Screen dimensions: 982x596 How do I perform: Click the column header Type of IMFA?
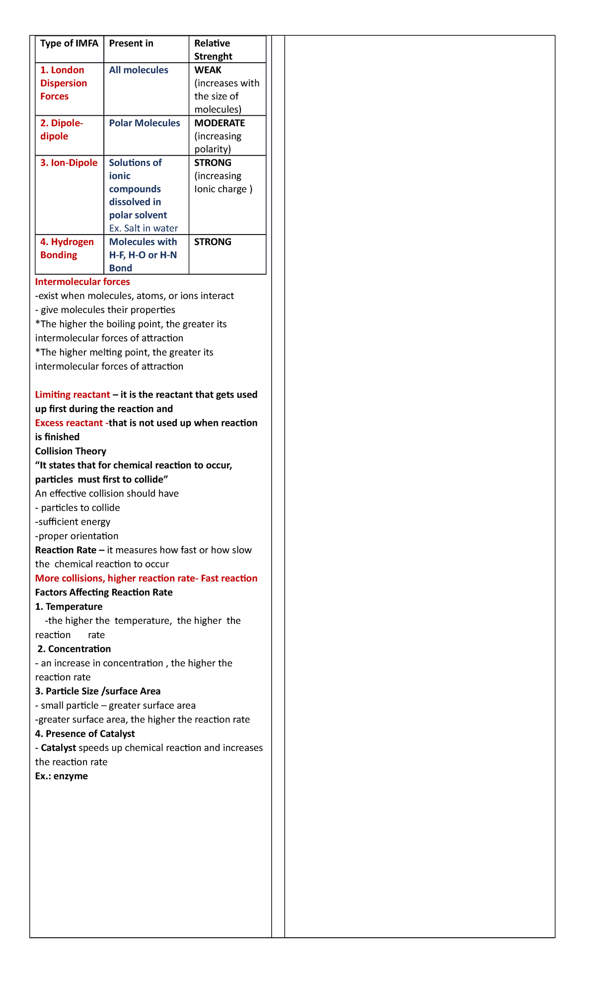(x=69, y=44)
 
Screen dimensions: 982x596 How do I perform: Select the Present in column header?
(x=131, y=44)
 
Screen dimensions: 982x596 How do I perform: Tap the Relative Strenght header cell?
(x=213, y=50)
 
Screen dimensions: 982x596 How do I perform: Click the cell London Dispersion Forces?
(x=64, y=83)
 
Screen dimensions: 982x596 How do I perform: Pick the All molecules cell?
(x=139, y=70)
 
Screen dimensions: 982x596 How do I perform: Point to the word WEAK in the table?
(x=208, y=70)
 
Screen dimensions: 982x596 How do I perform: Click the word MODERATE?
(x=220, y=123)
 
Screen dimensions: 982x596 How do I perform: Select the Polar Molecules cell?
(x=145, y=123)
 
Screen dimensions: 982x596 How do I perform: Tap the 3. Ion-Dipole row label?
(x=69, y=163)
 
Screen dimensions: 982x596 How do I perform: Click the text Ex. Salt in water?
(x=144, y=229)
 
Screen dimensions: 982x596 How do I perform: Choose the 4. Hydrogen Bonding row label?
(x=67, y=248)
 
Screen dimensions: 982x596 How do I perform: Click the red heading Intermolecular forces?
(x=82, y=282)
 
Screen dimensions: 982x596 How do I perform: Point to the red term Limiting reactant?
(x=73, y=395)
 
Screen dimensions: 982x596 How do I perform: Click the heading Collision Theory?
(x=71, y=451)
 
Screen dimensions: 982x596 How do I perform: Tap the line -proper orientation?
(x=77, y=536)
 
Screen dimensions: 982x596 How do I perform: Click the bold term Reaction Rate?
(x=66, y=550)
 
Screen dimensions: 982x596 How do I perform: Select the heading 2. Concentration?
(x=74, y=649)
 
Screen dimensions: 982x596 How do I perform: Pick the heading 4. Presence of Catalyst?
(x=85, y=734)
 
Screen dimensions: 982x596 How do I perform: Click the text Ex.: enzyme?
(x=62, y=776)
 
